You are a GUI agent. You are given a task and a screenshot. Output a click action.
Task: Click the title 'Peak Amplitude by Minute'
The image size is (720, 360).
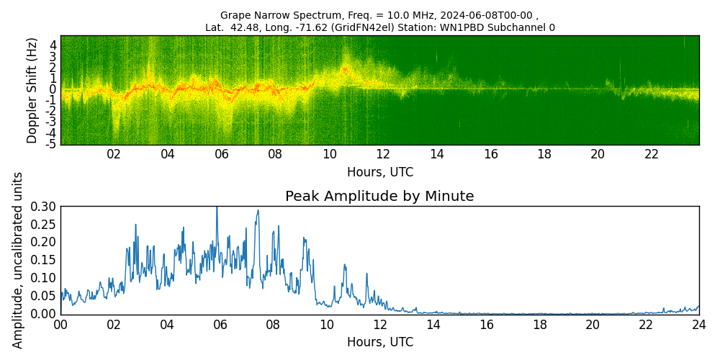pyautogui.click(x=379, y=197)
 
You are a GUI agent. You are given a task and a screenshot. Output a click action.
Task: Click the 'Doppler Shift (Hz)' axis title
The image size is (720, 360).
pyautogui.click(x=32, y=91)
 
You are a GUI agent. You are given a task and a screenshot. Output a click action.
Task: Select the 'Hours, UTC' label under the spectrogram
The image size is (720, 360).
pyautogui.click(x=379, y=173)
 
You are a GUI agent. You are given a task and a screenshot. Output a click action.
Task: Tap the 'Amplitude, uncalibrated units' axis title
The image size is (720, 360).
pyautogui.click(x=18, y=260)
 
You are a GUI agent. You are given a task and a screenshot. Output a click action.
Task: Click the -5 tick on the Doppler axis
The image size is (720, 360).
pyautogui.click(x=52, y=144)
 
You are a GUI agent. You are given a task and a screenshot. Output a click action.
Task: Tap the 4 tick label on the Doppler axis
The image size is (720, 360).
pyautogui.click(x=53, y=45)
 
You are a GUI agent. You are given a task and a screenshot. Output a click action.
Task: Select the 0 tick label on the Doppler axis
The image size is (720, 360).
pyautogui.click(x=53, y=89)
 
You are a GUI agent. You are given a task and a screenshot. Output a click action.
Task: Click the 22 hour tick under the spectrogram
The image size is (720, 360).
pyautogui.click(x=652, y=154)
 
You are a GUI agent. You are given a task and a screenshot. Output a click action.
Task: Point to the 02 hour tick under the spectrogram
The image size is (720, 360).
pyautogui.click(x=114, y=154)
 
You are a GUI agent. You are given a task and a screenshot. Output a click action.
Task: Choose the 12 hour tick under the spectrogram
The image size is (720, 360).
pyautogui.click(x=383, y=154)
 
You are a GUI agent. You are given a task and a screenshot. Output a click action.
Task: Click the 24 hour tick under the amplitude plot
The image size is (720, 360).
pyautogui.click(x=698, y=325)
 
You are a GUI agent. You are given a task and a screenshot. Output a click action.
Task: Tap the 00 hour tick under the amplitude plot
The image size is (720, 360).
pyautogui.click(x=61, y=325)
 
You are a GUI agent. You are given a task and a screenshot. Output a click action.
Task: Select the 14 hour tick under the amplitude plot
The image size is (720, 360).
pyautogui.click(x=433, y=325)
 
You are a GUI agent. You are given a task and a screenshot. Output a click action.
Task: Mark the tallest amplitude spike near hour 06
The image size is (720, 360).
pyautogui.click(x=217, y=207)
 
